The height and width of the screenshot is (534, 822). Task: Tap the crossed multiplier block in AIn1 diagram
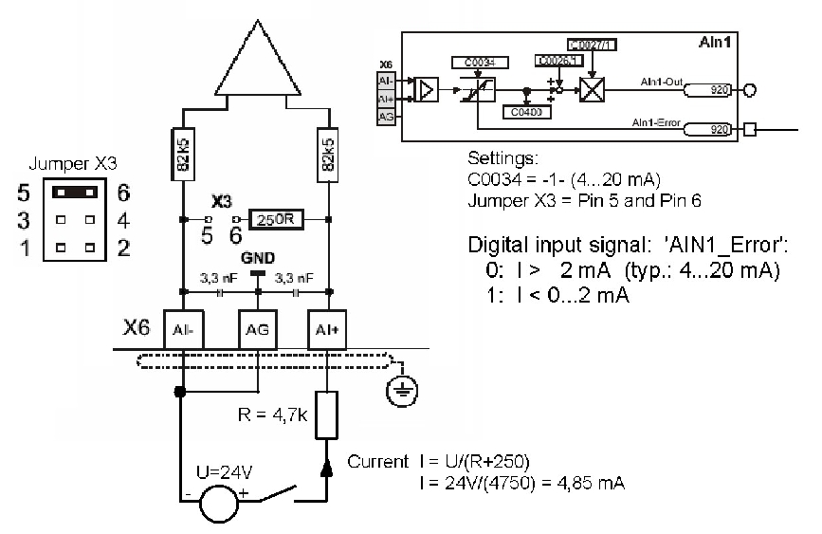pos(592,91)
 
